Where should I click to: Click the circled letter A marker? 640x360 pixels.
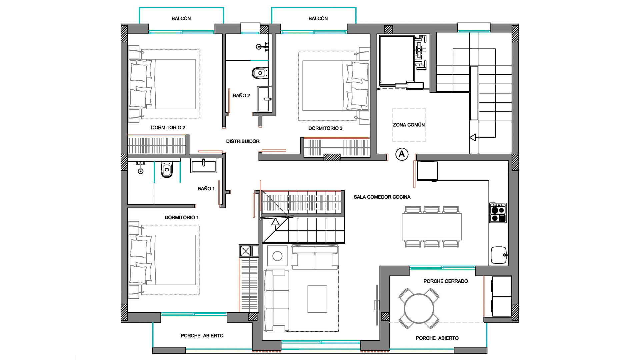click(x=402, y=154)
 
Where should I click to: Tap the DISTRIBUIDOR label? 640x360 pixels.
click(x=243, y=141)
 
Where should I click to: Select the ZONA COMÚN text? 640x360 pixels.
click(x=409, y=125)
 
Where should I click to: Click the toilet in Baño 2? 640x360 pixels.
click(x=260, y=73)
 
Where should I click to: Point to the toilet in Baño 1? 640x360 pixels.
click(x=167, y=170)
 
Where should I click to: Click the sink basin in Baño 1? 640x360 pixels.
click(x=203, y=165)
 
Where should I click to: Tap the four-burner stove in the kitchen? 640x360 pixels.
click(x=498, y=213)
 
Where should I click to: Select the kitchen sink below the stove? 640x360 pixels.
click(x=499, y=255)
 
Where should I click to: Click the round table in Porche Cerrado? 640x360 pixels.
click(x=419, y=308)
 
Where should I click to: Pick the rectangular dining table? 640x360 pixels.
click(x=432, y=227)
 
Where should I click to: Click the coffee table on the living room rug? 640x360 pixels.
click(x=317, y=299)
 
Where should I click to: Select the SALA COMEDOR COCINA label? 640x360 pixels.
click(x=382, y=197)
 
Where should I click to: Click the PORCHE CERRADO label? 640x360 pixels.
click(x=446, y=281)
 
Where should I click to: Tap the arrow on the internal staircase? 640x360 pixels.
click(x=275, y=222)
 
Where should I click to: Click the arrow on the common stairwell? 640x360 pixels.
click(x=473, y=137)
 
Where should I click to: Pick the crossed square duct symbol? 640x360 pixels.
click(x=245, y=251)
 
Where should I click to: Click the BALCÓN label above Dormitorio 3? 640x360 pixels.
click(x=318, y=18)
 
